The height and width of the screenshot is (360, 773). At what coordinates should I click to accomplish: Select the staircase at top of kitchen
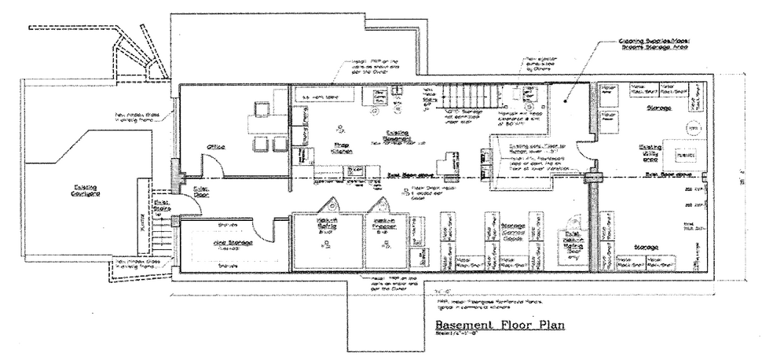(x=463, y=100)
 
